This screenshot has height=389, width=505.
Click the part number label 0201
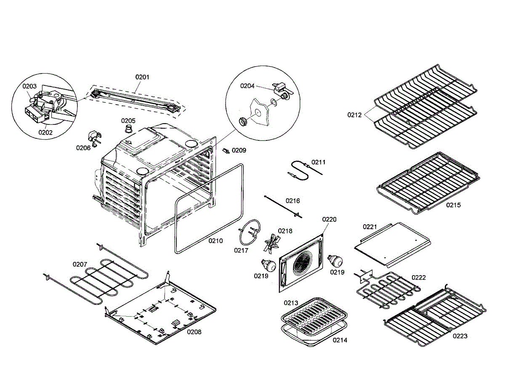coord(142,77)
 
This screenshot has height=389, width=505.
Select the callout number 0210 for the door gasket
coord(216,241)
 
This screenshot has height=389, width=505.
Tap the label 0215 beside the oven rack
coord(453,205)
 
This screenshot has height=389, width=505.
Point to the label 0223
coord(460,336)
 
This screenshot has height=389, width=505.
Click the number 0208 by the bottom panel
coord(194,332)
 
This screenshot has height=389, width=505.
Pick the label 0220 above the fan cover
coord(330,220)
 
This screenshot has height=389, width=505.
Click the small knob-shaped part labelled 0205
coord(129,127)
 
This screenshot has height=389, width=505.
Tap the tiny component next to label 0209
coord(226,150)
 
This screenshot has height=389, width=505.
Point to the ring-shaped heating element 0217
coord(250,234)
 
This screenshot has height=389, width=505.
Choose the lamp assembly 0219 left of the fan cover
coord(268,265)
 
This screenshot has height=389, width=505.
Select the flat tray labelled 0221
coord(391,243)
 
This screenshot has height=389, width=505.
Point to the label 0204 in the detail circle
coord(247,86)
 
